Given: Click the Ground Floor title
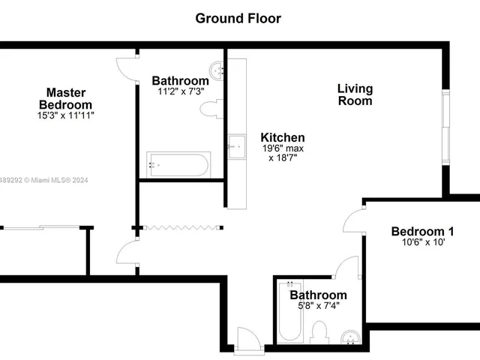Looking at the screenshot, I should (x=238, y=18).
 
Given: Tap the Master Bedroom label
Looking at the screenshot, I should (x=65, y=99).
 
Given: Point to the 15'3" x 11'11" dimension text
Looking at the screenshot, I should (x=65, y=116).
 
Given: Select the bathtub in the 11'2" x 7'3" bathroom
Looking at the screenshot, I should (x=178, y=164).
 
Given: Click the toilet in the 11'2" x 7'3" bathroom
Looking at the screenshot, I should (x=209, y=109).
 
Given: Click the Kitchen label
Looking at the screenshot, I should (x=282, y=137).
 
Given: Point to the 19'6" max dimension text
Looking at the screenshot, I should (x=282, y=148).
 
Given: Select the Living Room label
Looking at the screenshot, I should (x=355, y=94).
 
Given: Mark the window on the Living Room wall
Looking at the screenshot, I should (x=445, y=127).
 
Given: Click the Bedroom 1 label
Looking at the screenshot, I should (x=422, y=231).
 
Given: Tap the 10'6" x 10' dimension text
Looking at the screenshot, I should (x=422, y=243).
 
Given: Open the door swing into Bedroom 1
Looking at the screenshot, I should (x=353, y=222).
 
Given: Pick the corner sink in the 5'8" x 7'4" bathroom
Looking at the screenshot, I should (x=349, y=336).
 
